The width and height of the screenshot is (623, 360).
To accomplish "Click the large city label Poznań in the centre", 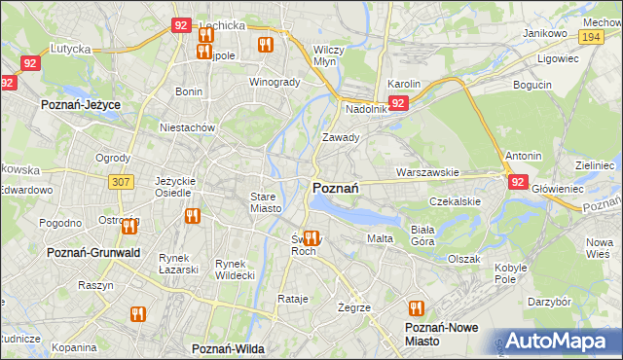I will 337,188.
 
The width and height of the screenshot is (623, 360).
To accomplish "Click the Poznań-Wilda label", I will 229,347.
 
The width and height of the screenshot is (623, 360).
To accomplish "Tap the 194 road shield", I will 589,36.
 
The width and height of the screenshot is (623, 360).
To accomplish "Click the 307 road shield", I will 121,181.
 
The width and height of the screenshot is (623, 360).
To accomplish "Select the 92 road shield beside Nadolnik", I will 398,102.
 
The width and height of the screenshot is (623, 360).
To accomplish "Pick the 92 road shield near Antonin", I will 517,181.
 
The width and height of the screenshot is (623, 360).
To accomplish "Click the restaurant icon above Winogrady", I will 265,45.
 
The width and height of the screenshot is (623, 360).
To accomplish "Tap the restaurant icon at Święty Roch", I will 311,237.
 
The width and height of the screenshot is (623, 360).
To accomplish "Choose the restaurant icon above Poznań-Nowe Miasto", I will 418,308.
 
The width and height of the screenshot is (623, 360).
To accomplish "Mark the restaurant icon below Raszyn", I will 136,314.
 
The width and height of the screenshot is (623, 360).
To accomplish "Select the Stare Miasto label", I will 266,202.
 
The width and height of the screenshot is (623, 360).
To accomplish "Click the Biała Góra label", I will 422,234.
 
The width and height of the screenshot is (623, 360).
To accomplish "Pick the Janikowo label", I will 544,33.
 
